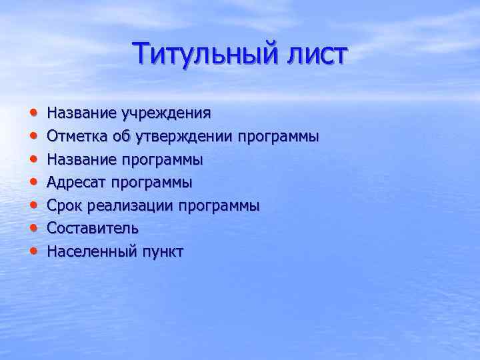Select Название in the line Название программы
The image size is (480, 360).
[81, 160]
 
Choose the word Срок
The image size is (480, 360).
[62, 206]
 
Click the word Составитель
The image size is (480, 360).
[93, 229]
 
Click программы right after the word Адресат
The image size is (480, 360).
[151, 183]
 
